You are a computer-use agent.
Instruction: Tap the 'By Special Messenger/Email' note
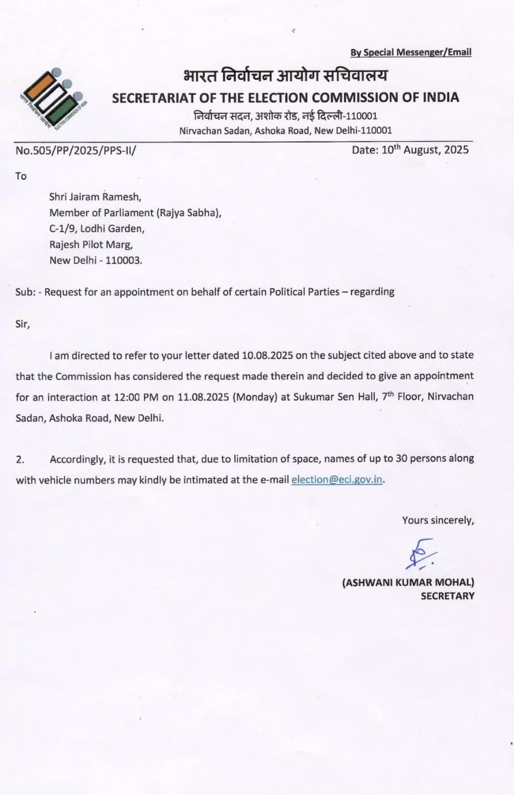pos(411,52)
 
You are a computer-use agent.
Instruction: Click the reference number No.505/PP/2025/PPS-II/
pos(76,151)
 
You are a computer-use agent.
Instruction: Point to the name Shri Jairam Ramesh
pos(95,197)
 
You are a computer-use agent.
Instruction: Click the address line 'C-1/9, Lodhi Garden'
pos(97,229)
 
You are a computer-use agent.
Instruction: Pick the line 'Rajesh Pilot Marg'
pos(91,244)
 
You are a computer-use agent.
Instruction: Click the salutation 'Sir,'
pos(22,324)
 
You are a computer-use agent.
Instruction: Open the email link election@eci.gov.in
pos(337,479)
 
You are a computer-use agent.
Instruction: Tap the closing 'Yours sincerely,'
pos(438,520)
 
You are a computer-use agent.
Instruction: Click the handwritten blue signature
pos(421,554)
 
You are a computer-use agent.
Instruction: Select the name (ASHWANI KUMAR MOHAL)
pos(408,582)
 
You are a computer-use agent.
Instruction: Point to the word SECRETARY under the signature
pos(447,596)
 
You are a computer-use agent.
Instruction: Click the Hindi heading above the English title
pos(285,76)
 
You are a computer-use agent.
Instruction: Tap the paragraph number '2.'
pos(20,460)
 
